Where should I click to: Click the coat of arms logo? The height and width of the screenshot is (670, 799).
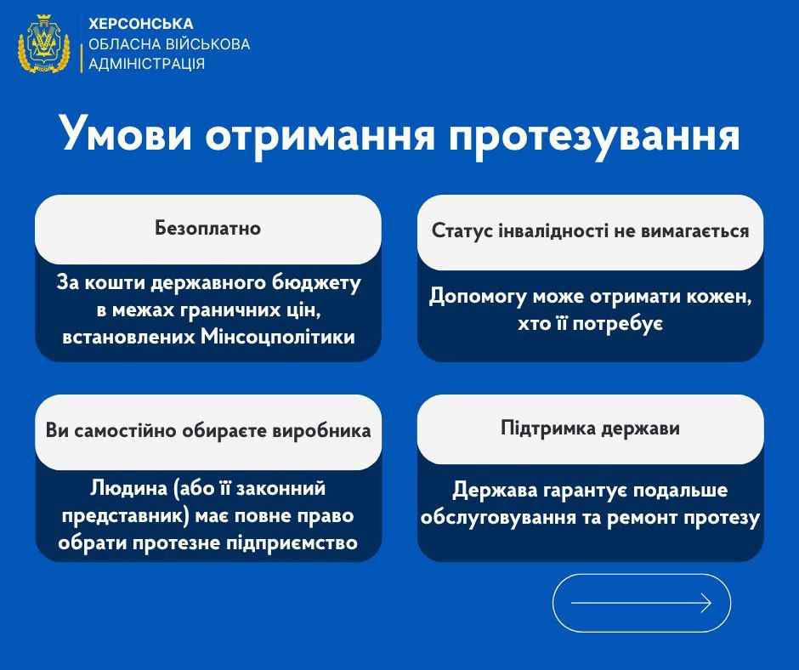point(44,43)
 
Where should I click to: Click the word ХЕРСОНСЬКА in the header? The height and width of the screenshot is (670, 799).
point(141,24)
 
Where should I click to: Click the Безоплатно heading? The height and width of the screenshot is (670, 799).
point(207,229)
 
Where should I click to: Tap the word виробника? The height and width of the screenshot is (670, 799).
point(325,431)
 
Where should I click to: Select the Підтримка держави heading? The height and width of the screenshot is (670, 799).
point(590,429)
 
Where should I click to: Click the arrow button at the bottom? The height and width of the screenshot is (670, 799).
point(641,603)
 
